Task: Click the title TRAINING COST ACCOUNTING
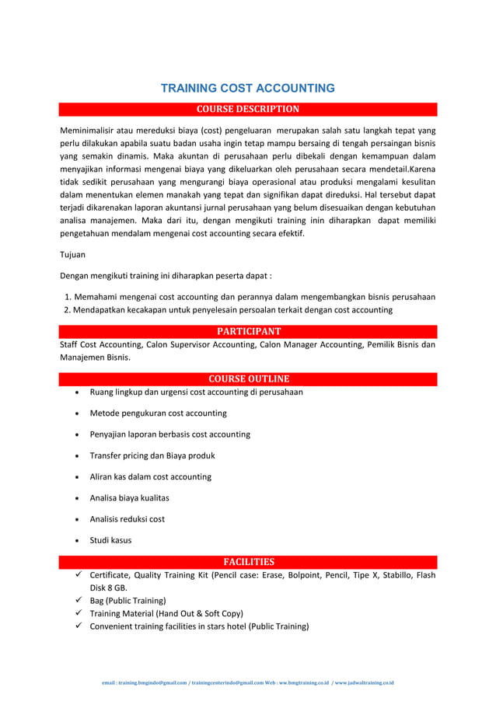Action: click(247, 88)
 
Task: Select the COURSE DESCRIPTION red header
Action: click(247, 109)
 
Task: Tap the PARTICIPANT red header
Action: click(247, 331)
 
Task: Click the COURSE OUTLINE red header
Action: click(247, 378)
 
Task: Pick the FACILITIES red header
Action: click(247, 561)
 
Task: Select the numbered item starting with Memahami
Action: click(249, 297)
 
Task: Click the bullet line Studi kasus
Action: click(110, 540)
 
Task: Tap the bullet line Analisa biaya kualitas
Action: click(129, 497)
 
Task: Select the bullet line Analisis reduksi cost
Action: click(127, 519)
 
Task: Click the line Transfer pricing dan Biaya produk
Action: click(152, 455)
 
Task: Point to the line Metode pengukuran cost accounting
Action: click(158, 413)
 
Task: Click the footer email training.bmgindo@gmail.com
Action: click(144, 683)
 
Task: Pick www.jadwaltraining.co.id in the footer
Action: click(365, 683)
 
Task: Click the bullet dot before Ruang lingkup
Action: click(79, 392)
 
